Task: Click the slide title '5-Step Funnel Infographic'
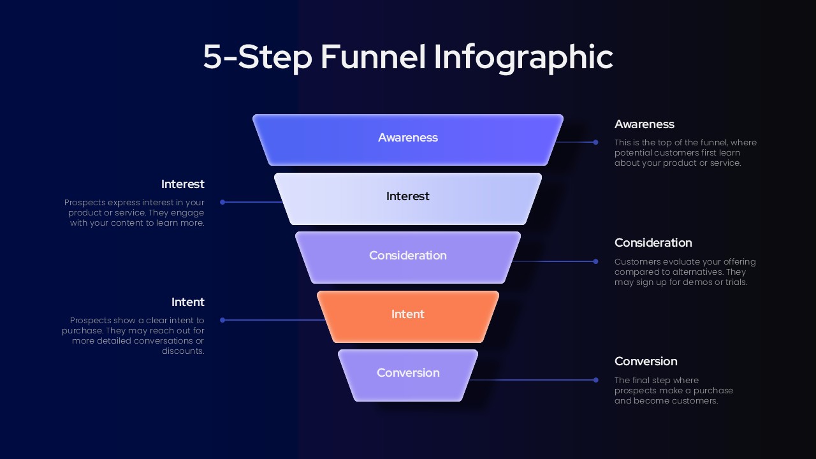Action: click(408, 57)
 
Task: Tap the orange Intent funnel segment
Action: click(408, 316)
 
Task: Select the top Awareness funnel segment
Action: click(408, 139)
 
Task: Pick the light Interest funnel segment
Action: click(408, 198)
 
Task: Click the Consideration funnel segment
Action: click(408, 257)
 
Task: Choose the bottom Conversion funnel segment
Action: click(408, 374)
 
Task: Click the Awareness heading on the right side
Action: click(644, 124)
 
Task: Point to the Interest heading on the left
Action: click(182, 184)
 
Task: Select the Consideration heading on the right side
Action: click(653, 243)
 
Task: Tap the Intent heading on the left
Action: click(187, 302)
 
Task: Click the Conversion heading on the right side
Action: click(645, 361)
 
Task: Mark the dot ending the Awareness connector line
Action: click(595, 142)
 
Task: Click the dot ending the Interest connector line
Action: click(222, 202)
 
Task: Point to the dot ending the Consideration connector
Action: click(595, 261)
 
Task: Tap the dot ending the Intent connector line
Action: click(222, 320)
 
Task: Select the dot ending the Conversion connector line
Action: click(595, 380)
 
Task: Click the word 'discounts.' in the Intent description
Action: click(183, 351)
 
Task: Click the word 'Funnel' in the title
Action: click(373, 57)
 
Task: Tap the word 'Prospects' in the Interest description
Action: click(85, 203)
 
